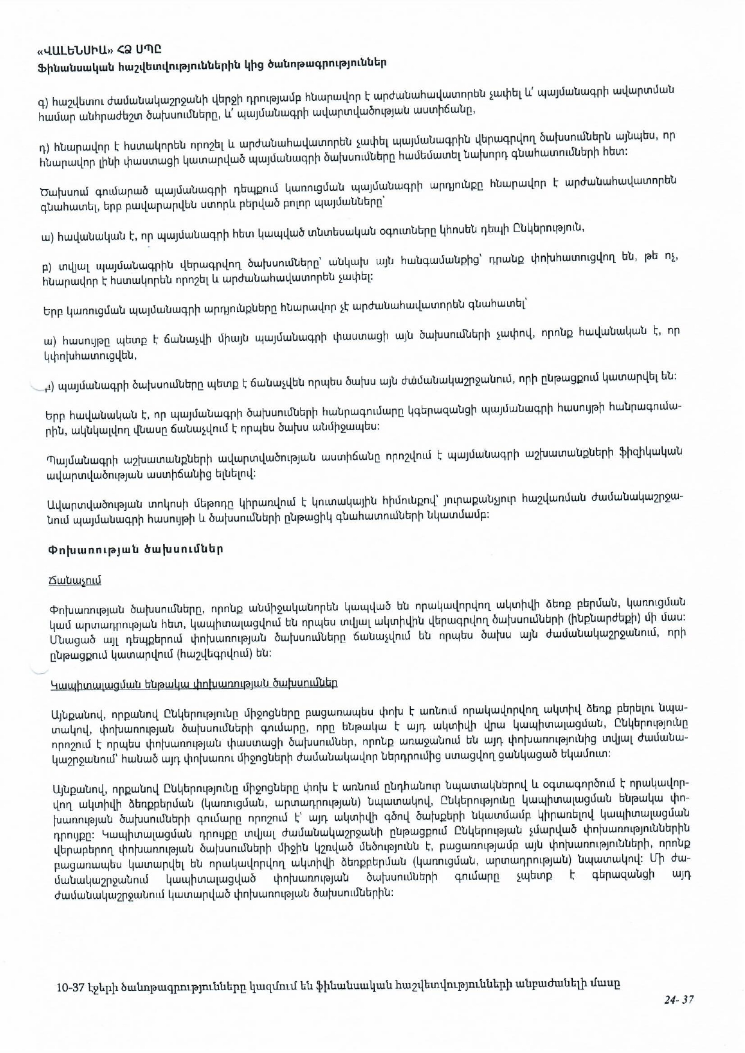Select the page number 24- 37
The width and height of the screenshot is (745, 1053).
pos(678,999)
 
